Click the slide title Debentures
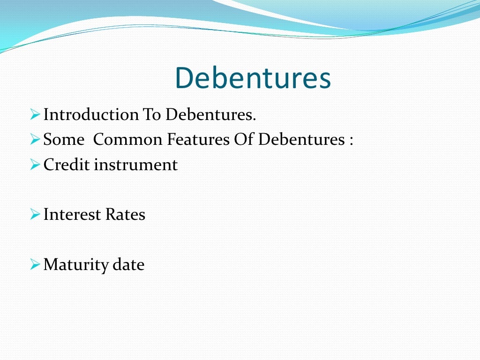click(253, 78)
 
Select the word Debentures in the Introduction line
click(210, 114)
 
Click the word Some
click(64, 140)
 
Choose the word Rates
click(126, 215)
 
